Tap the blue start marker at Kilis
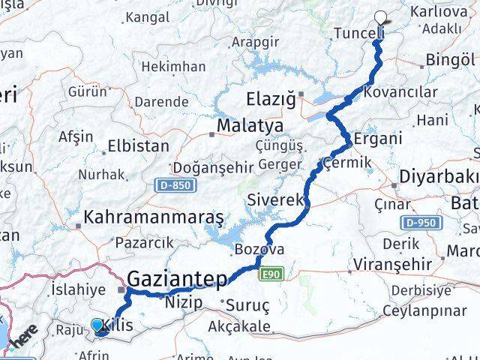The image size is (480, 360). pyautogui.click(x=98, y=325)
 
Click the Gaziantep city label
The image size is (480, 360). pyautogui.click(x=177, y=280)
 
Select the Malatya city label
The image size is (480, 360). pyautogui.click(x=250, y=125)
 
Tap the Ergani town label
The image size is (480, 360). pyautogui.click(x=378, y=139)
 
